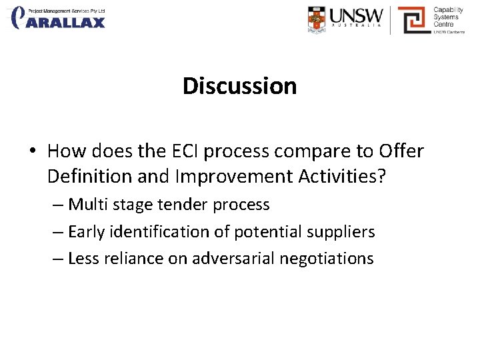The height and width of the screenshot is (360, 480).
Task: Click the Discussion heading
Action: (x=239, y=86)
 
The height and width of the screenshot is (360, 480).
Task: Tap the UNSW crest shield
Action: (x=318, y=19)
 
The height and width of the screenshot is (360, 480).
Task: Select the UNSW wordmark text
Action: (x=357, y=17)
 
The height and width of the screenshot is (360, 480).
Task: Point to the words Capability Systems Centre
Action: (x=448, y=17)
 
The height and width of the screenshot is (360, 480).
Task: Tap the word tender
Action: (x=181, y=205)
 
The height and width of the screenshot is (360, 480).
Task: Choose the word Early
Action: (x=87, y=232)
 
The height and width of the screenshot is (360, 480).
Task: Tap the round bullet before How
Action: (x=31, y=152)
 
